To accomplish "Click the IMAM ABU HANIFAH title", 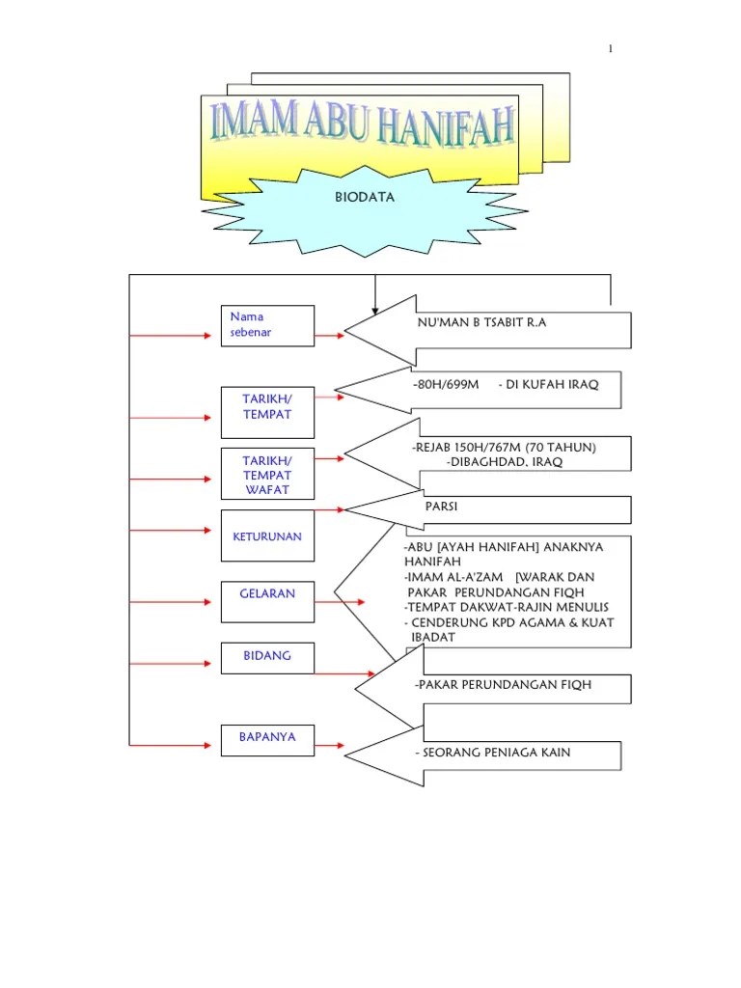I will pos(362,127).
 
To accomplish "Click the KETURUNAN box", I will pos(266,536).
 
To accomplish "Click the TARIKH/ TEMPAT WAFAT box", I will pos(266,474).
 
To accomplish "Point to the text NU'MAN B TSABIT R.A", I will pos(480,322).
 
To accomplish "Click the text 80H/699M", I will pos(445,384).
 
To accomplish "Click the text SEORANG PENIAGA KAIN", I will pos(493,752).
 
